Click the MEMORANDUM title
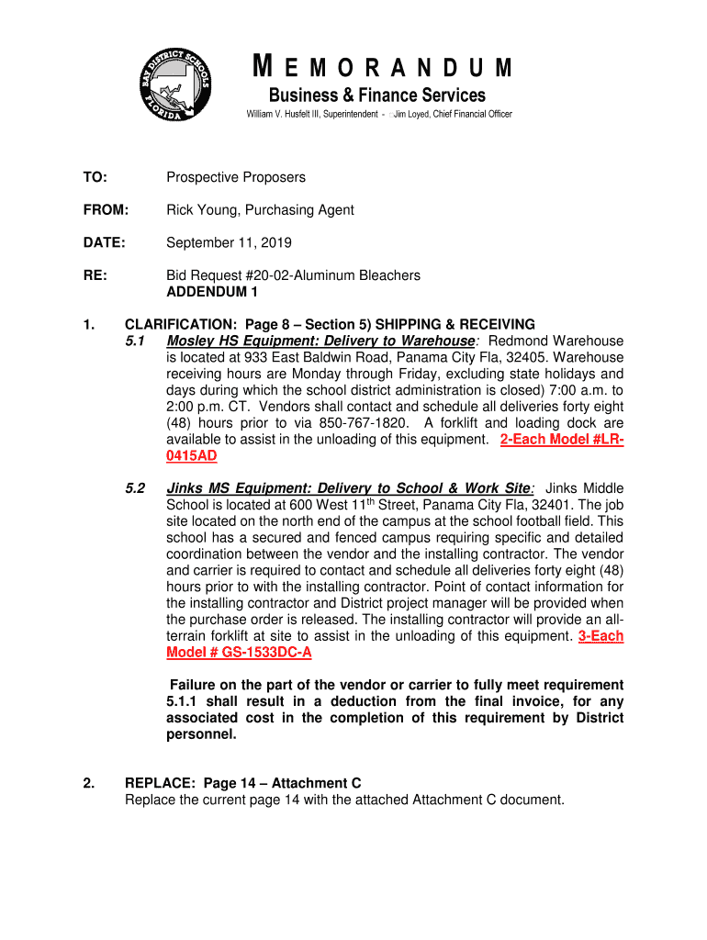[382, 69]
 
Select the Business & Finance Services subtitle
[376, 95]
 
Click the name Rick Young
[201, 210]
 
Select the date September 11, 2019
[229, 243]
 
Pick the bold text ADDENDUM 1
[212, 292]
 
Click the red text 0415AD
[192, 456]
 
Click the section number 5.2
[136, 488]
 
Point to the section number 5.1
[136, 341]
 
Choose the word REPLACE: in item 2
[161, 783]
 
